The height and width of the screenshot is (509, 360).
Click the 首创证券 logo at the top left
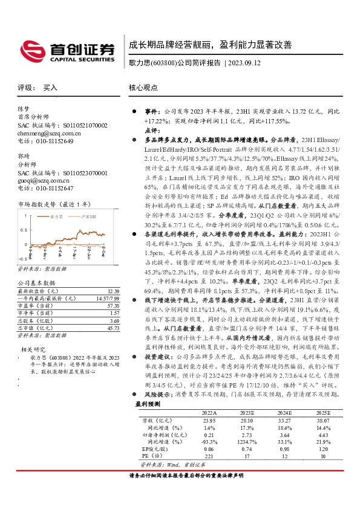tap(67, 50)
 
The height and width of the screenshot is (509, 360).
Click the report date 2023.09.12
tap(245, 63)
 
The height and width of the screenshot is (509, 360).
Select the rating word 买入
tap(50, 88)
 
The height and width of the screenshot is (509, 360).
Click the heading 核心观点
tap(143, 88)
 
